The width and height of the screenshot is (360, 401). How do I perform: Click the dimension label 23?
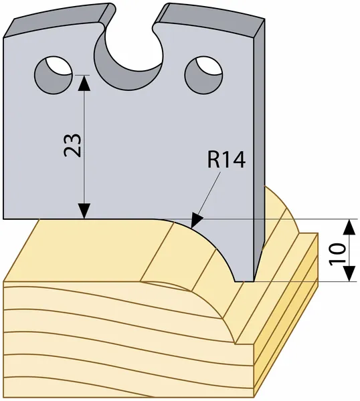72,145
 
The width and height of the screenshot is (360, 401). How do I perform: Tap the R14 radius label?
226,160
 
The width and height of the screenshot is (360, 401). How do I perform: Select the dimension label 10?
337,255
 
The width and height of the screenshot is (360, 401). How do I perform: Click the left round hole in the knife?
54,75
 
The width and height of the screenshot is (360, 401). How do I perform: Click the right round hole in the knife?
203,75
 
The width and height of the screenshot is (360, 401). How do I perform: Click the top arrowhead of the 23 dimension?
84,83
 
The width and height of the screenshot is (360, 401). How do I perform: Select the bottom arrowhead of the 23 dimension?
84,211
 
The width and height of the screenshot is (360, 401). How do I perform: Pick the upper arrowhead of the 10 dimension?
349,227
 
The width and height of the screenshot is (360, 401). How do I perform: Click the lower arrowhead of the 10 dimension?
349,273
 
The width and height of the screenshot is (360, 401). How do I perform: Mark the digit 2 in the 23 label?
72,151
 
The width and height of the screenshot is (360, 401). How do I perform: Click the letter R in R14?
213,160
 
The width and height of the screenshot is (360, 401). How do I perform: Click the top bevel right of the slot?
210,19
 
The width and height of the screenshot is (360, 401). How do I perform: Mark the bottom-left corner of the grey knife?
3,219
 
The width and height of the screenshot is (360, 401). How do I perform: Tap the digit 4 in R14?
238,160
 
